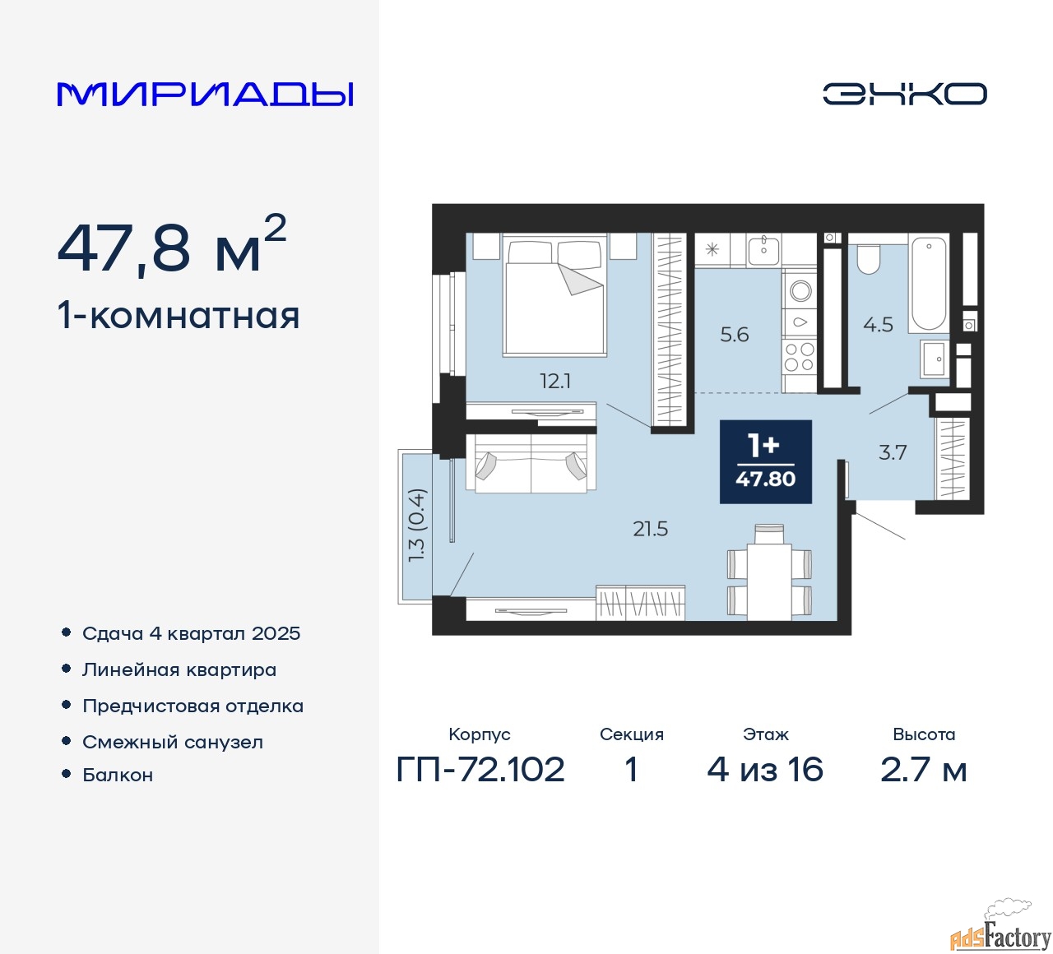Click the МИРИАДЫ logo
206,94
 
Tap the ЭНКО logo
904,94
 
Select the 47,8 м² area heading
171,246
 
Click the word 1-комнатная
179,316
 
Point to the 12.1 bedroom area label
555,381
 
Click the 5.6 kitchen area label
735,335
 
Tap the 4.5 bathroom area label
878,325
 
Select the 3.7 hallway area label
893,452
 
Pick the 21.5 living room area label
650,529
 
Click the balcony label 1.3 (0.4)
417,526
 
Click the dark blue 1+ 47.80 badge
766,461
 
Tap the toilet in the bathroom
869,258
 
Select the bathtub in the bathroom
929,284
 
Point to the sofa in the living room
531,465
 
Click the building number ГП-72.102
480,770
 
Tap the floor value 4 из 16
765,770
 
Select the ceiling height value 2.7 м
923,770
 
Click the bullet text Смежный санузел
173,742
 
